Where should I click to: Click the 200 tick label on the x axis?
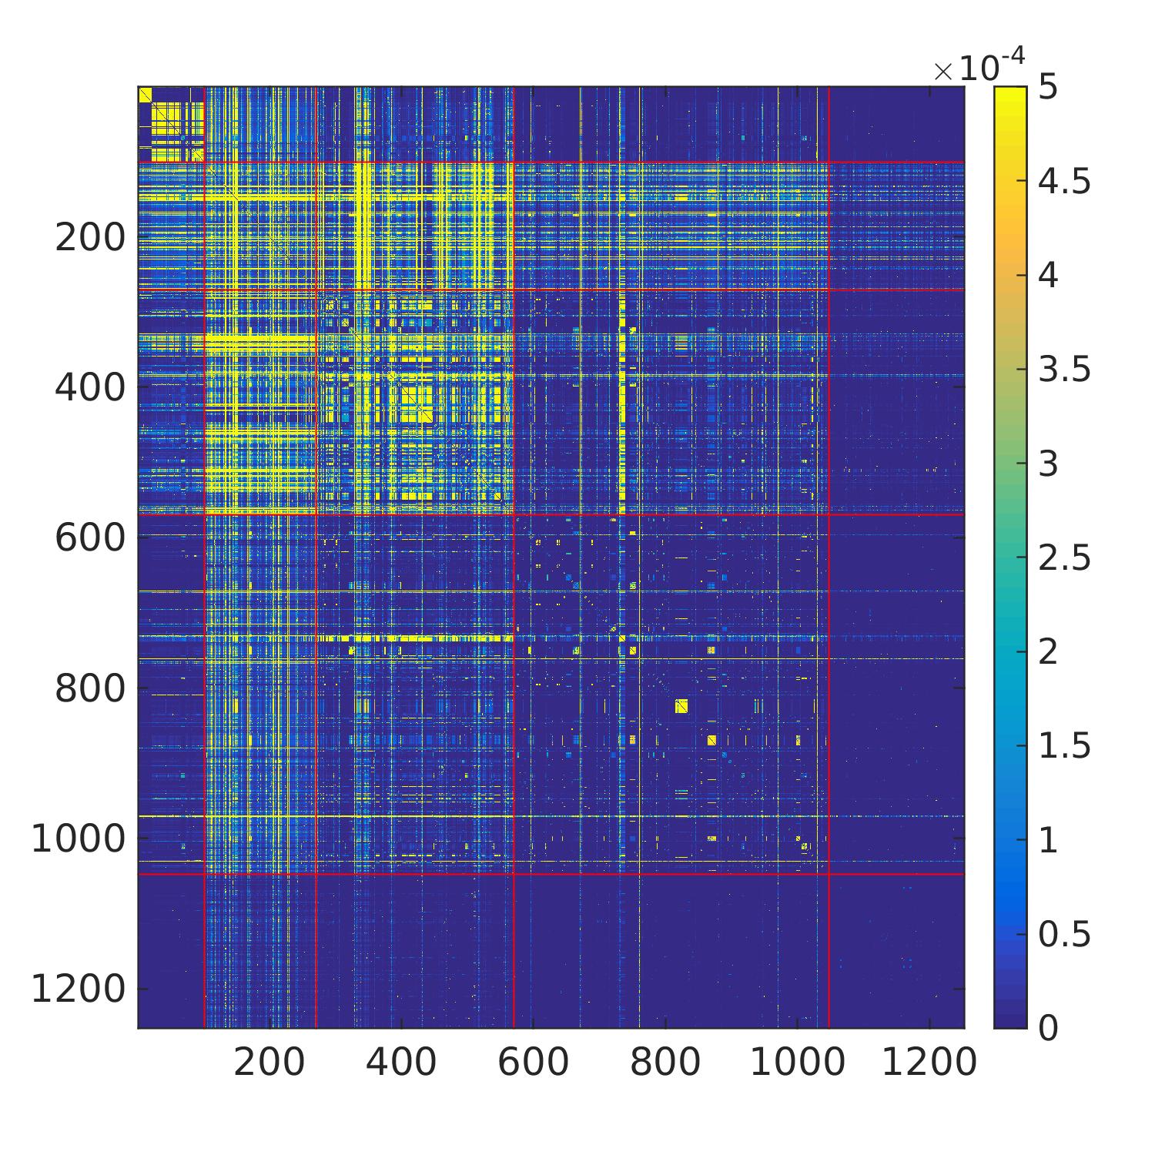pyautogui.click(x=269, y=1063)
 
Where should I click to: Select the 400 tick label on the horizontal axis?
pyautogui.click(x=400, y=1063)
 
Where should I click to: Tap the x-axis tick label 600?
pyautogui.click(x=533, y=1063)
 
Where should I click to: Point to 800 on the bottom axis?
pyautogui.click(x=665, y=1063)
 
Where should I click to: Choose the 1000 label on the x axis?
pyautogui.click(x=797, y=1063)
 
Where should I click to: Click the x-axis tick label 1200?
pyautogui.click(x=929, y=1063)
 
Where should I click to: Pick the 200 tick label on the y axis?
pyautogui.click(x=89, y=238)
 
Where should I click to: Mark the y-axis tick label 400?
pyautogui.click(x=89, y=387)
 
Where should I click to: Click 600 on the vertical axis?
pyautogui.click(x=89, y=537)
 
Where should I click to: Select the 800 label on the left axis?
pyautogui.click(x=89, y=688)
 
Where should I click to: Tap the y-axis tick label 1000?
pyautogui.click(x=78, y=839)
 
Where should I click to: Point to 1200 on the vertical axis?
pyautogui.click(x=78, y=989)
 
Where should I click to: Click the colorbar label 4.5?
pyautogui.click(x=1064, y=182)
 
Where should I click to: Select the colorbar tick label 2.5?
pyautogui.click(x=1064, y=557)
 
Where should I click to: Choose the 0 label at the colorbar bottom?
pyautogui.click(x=1047, y=1027)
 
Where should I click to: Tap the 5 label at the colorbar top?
pyautogui.click(x=1047, y=88)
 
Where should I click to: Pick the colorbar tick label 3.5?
pyautogui.click(x=1064, y=370)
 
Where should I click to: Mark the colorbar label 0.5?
pyautogui.click(x=1064, y=933)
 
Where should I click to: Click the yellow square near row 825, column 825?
pyautogui.click(x=681, y=706)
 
